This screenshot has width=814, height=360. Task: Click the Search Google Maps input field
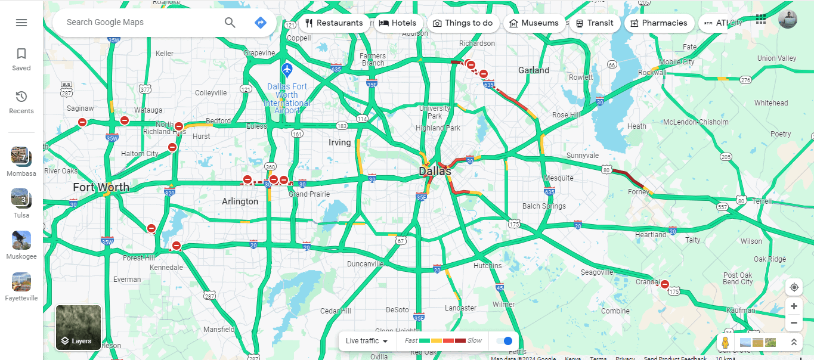(x=140, y=23)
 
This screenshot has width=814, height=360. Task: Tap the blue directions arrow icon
(x=260, y=23)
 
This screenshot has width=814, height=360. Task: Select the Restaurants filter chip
(x=334, y=23)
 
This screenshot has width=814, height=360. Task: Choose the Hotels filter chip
(x=398, y=23)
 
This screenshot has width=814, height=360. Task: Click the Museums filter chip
(x=534, y=23)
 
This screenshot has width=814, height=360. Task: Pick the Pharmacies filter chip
(x=659, y=23)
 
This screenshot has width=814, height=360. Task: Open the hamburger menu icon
(x=21, y=23)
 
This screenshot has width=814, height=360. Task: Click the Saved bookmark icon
(x=21, y=54)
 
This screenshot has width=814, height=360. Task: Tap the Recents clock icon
(x=21, y=97)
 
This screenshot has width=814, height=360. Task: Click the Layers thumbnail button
(x=78, y=327)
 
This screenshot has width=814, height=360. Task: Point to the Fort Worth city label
(x=101, y=187)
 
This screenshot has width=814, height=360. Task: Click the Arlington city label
(x=240, y=201)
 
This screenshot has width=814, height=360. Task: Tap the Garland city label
(x=534, y=70)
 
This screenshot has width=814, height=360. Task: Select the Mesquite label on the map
(x=558, y=178)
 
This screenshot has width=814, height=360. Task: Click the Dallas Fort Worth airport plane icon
(x=287, y=69)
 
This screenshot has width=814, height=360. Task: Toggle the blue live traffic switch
(x=505, y=341)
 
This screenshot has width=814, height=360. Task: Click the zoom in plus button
(x=794, y=306)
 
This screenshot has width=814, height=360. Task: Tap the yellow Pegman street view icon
(x=725, y=343)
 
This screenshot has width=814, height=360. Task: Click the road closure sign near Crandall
(x=665, y=285)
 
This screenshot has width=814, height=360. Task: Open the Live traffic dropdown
(x=367, y=341)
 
